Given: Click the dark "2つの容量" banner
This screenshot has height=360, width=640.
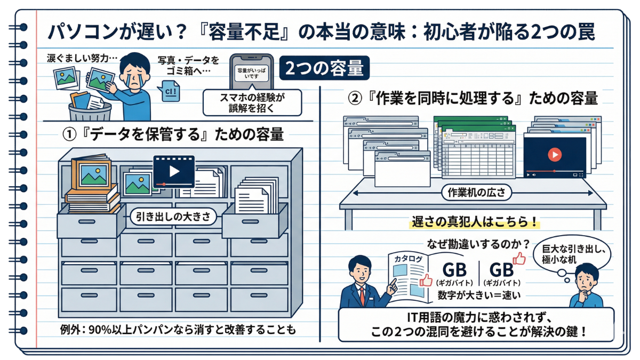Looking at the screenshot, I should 324,68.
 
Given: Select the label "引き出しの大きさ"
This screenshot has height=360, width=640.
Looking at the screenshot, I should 176,217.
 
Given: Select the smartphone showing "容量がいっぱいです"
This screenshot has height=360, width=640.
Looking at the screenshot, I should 250,73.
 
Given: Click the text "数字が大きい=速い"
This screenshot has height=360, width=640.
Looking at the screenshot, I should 472,295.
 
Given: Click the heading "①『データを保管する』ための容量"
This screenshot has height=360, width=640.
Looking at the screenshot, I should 173,134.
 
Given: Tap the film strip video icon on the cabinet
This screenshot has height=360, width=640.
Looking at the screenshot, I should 174,171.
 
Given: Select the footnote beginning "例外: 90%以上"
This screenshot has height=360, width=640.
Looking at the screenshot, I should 178,330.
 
